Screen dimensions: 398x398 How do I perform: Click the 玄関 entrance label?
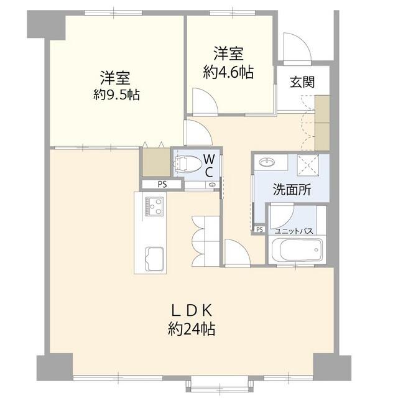301,81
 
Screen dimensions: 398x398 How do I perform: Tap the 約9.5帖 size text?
116,95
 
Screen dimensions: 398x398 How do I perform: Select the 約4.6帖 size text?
228,72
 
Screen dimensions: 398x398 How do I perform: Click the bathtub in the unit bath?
295,251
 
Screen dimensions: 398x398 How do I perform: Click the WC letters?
210,164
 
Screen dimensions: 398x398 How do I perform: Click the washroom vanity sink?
269,162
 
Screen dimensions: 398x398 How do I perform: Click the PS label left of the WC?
162,184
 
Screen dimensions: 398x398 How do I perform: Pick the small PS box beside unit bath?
259,229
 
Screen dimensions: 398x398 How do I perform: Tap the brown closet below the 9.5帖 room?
155,162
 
